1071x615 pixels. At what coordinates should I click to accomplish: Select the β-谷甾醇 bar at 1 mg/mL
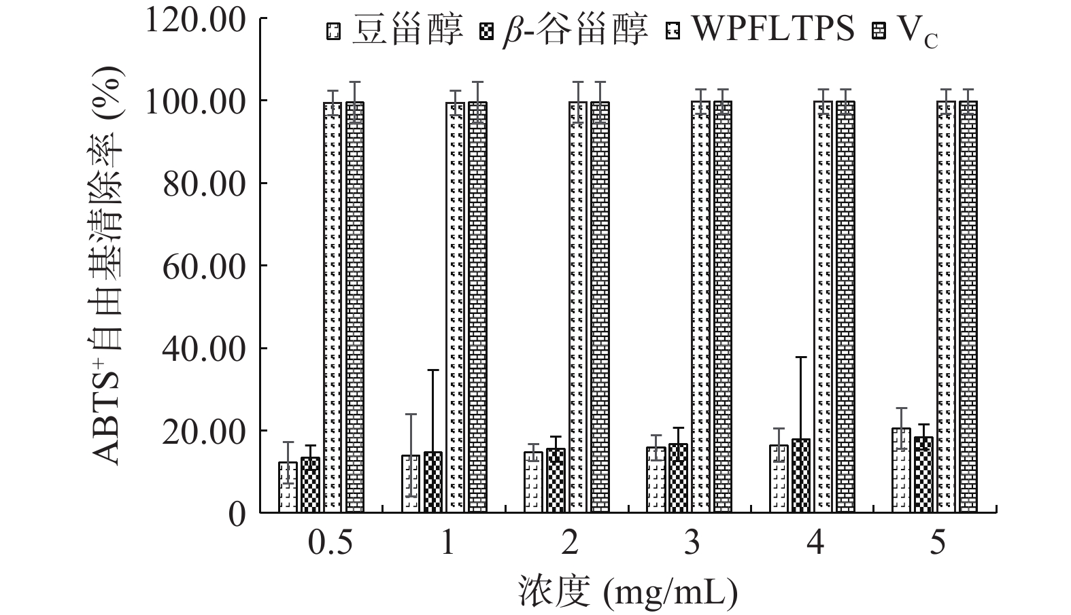pos(433,482)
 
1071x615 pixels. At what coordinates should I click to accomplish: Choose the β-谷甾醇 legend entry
pos(575,31)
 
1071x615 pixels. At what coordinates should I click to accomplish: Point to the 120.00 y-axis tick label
pos(195,20)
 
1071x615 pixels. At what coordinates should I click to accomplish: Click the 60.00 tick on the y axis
pos(204,266)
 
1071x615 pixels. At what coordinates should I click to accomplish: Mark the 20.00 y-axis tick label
pos(204,432)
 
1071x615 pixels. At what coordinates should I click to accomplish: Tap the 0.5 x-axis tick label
pos(330,544)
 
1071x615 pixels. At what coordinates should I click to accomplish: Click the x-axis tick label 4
pos(815,544)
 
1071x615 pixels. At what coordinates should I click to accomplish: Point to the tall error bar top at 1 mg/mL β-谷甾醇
pos(433,370)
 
